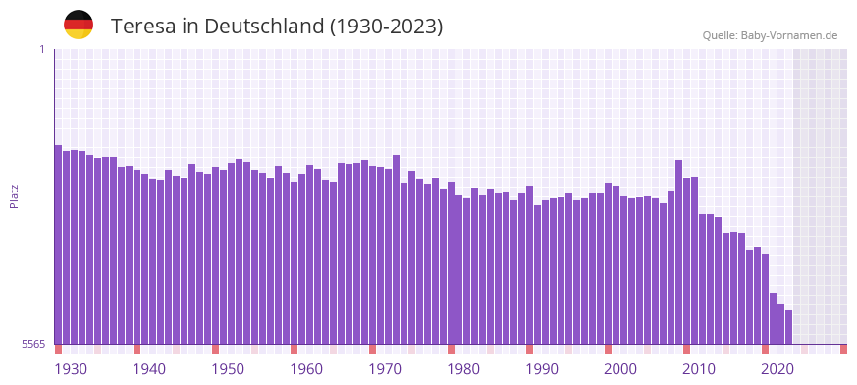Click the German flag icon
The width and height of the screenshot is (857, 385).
click(79, 25)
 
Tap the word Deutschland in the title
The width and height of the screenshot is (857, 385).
click(263, 27)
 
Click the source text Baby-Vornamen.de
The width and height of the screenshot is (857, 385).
click(788, 35)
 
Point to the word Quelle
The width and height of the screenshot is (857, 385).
click(719, 35)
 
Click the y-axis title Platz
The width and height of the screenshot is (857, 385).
click(15, 196)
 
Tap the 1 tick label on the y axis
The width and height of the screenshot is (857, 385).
click(41, 49)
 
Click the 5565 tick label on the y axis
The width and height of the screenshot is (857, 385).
click(32, 344)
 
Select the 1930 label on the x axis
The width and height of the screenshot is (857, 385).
click(71, 369)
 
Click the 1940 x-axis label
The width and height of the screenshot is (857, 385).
click(149, 369)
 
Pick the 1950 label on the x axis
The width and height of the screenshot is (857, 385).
click(228, 369)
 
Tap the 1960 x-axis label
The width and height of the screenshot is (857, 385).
click(306, 369)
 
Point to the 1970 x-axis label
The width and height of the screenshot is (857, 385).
click(385, 369)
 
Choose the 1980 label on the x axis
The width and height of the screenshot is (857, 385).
click(463, 369)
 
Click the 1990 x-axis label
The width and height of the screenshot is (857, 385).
click(542, 369)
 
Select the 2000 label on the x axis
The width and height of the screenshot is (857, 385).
click(620, 369)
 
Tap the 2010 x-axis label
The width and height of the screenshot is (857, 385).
click(699, 369)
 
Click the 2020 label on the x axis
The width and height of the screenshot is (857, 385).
click(777, 369)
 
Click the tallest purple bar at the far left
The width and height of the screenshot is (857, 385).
click(58, 246)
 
